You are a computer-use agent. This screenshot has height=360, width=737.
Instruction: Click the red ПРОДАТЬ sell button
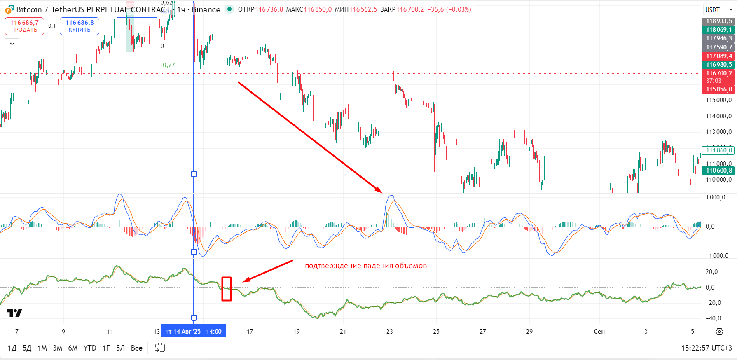pos(24,26)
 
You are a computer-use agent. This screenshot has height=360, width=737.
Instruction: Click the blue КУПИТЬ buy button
pos(80,26)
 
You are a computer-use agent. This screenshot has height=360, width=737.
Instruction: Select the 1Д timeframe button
pos(12,348)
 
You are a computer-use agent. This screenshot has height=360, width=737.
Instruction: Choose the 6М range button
pos(73,348)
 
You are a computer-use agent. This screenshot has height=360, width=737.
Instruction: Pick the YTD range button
pos(90,348)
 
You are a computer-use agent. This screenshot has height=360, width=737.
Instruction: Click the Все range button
pos(136,348)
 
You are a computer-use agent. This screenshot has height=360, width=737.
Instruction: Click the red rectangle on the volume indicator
pos(227,289)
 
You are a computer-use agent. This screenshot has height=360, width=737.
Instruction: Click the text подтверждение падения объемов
pos(366,266)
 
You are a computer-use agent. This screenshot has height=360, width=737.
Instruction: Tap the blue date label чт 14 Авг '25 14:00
pos(193,331)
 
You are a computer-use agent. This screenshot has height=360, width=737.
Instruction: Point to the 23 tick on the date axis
pos(389,331)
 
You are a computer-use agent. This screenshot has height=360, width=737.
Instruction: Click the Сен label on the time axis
pos(599,331)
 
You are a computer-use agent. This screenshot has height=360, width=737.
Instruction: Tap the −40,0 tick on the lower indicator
pos(714,318)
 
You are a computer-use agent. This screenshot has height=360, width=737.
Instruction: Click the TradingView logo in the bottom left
pos(14,313)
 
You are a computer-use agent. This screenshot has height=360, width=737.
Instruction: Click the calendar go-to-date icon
pos(160,348)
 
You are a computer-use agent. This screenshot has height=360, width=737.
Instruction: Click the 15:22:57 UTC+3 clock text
pos(707,348)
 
